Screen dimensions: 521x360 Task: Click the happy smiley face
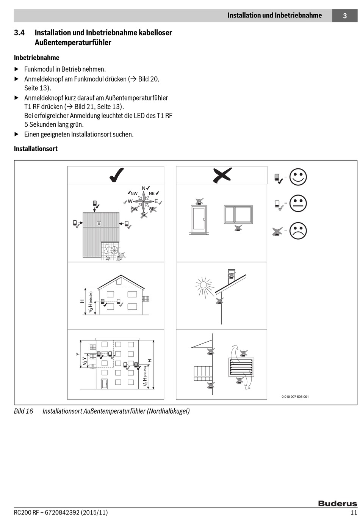pyautogui.click(x=298, y=177)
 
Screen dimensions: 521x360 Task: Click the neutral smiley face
pyautogui.click(x=298, y=204)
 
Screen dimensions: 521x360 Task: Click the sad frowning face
pyautogui.click(x=298, y=231)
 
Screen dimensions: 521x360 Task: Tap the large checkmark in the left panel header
pyautogui.click(x=116, y=175)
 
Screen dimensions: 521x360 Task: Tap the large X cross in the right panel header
pyautogui.click(x=222, y=175)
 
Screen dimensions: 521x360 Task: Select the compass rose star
pyautogui.click(x=144, y=201)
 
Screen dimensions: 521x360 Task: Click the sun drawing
pyautogui.click(x=203, y=285)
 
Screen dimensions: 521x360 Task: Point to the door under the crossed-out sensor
pyautogui.click(x=198, y=219)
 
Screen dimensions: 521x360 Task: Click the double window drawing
pyautogui.click(x=238, y=215)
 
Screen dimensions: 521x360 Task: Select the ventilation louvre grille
pyautogui.click(x=241, y=367)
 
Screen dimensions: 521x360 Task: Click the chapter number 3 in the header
pyautogui.click(x=344, y=16)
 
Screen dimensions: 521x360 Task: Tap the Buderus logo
pyautogui.click(x=337, y=504)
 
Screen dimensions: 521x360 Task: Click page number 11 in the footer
pyautogui.click(x=354, y=513)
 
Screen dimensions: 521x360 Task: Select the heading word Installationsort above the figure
pyautogui.click(x=36, y=149)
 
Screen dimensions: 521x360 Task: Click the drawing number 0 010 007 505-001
pyautogui.click(x=295, y=397)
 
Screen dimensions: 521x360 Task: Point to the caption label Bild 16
pyautogui.click(x=23, y=411)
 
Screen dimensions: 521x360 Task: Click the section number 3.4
pyautogui.click(x=19, y=33)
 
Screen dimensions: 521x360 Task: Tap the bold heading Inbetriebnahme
pyautogui.click(x=37, y=58)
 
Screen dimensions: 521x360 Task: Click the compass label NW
pyautogui.click(x=134, y=194)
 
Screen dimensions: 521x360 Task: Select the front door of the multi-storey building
pyautogui.click(x=104, y=383)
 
